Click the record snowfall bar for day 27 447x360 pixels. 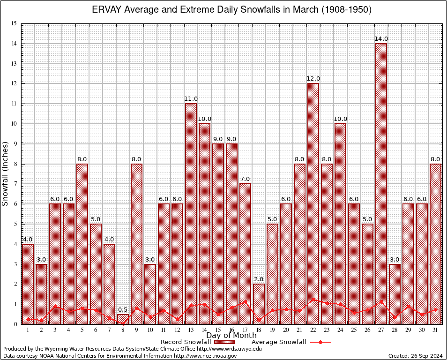381,183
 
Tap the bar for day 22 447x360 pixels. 313,202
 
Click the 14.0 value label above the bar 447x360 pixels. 381,38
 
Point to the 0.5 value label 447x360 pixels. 123,309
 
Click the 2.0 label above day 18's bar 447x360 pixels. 259,279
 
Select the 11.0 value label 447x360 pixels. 191,98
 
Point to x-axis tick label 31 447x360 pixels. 435,330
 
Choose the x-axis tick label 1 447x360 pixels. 28,330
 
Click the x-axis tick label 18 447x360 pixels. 259,330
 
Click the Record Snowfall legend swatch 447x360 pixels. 223,342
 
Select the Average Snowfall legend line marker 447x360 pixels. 320,342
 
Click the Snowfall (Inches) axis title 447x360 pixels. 6,173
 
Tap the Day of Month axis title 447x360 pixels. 231,336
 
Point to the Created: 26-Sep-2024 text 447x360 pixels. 415,356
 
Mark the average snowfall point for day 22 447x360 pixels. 313,299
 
